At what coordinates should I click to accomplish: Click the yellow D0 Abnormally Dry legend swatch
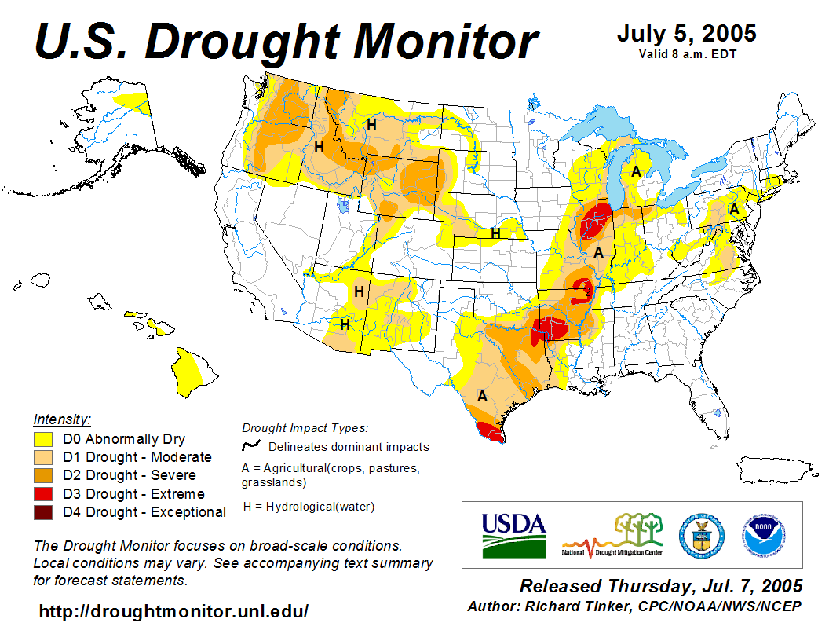click(43, 439)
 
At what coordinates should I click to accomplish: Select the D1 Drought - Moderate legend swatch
click(43, 457)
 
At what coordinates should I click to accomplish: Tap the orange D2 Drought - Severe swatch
click(43, 475)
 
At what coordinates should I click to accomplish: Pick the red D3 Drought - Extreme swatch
click(43, 494)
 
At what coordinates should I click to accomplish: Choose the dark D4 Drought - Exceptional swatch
click(43, 512)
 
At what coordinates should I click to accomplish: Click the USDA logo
click(513, 534)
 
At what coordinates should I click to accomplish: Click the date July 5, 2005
click(686, 34)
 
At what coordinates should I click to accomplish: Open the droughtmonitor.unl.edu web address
click(173, 610)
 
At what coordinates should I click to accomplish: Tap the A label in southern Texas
click(483, 397)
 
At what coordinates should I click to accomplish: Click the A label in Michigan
click(637, 172)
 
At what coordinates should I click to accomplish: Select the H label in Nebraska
click(495, 233)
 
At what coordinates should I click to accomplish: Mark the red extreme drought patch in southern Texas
click(491, 430)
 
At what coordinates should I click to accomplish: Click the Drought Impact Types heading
click(305, 428)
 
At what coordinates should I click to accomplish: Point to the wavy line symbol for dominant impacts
click(251, 446)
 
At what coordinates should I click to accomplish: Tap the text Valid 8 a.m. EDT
click(686, 53)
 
